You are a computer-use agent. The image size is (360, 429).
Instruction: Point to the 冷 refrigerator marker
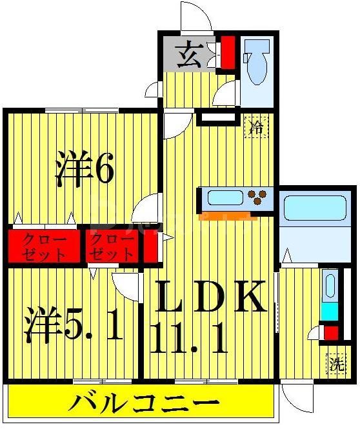[x=256, y=126]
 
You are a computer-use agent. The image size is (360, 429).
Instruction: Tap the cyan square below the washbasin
[x=329, y=310]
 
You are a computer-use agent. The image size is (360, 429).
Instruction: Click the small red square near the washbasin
[x=330, y=333]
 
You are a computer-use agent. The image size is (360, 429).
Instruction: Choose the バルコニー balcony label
[x=143, y=405]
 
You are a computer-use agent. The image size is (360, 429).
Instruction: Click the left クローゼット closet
[x=44, y=245]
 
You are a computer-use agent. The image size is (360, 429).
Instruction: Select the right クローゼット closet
[x=112, y=245]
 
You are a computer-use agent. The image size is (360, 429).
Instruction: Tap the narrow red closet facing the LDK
[x=149, y=246]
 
